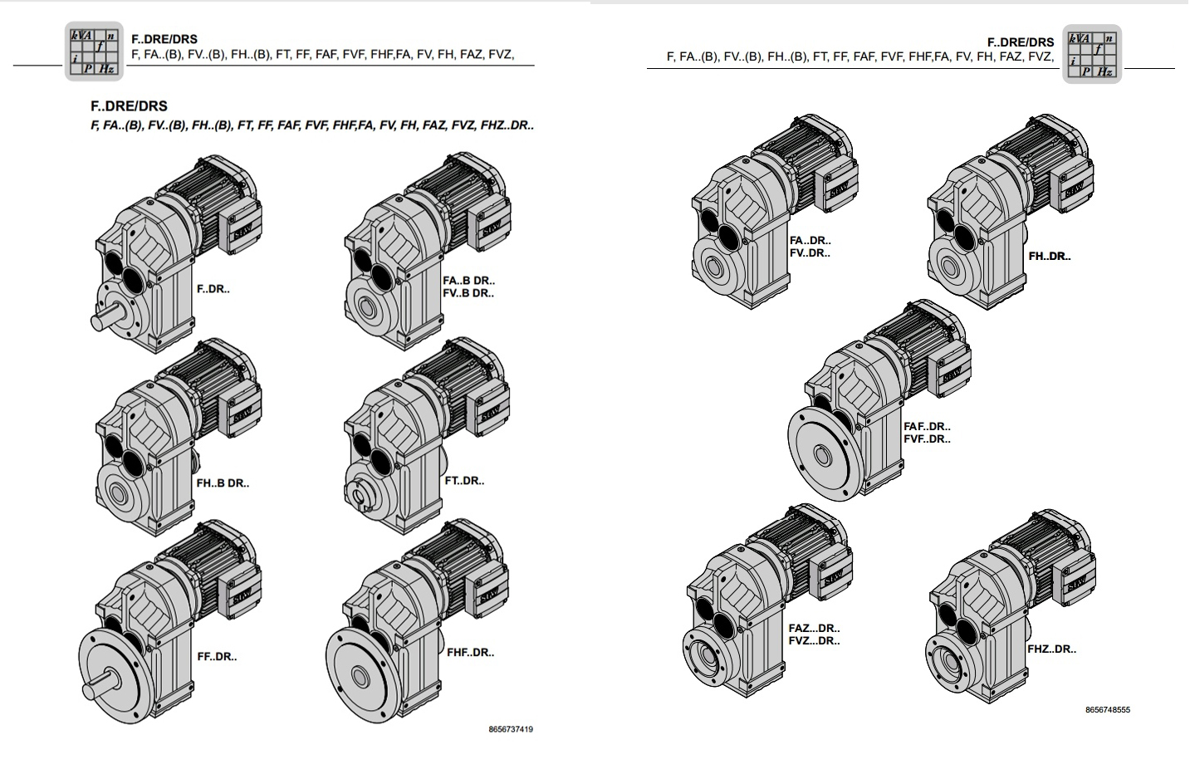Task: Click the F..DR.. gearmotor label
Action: coord(213,289)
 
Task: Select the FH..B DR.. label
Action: coord(222,483)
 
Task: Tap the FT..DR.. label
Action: coord(464,480)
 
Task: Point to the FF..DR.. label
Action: coord(216,656)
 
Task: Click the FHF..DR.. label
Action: coord(470,652)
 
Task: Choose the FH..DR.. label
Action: coord(1049,256)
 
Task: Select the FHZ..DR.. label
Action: coord(1051,649)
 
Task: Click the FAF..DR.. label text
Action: coord(927,426)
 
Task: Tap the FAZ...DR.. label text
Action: coord(814,628)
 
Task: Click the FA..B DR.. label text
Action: coord(468,281)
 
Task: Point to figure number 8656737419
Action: coord(511,729)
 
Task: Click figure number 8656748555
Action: coord(1107,709)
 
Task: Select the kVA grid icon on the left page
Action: coord(94,51)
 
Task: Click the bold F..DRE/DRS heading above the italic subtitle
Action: coord(129,105)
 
